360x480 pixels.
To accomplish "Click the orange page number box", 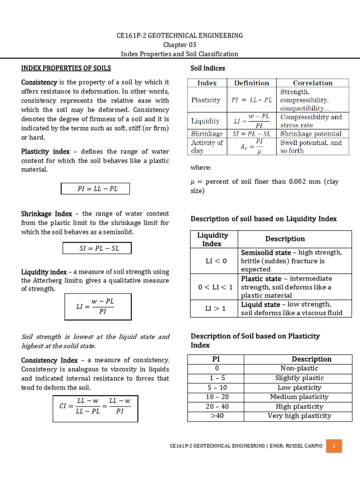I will (334, 446).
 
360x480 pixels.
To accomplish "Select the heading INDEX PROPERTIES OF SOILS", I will (66, 68).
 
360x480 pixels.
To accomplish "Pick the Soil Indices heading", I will (208, 68).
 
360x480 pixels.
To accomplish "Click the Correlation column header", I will (313, 83).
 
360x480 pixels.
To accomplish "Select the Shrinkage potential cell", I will (311, 134).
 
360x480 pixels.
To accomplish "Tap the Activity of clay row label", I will (207, 146).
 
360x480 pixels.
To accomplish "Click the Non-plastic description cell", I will (299, 368).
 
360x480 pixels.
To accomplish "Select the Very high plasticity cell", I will (299, 416).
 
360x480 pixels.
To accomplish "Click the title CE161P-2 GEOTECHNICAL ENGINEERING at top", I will (180, 36).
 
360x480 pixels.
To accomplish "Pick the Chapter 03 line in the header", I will (180, 45).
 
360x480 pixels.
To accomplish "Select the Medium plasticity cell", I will (299, 397).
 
